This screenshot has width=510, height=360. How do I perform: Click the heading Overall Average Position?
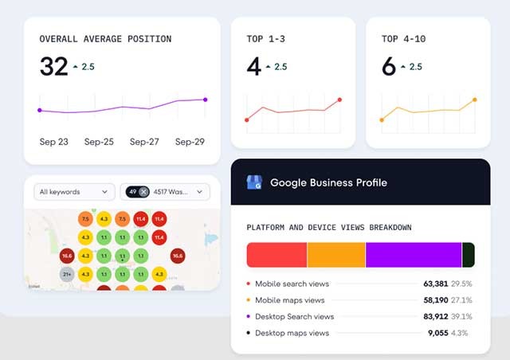click(105, 38)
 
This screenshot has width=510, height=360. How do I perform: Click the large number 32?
click(54, 67)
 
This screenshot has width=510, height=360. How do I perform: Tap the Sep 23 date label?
click(54, 142)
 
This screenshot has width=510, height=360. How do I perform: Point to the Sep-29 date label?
click(190, 142)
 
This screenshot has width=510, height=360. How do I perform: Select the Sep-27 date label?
click(144, 142)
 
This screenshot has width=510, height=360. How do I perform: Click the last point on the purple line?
click(205, 100)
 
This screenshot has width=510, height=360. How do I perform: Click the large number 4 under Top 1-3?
click(253, 67)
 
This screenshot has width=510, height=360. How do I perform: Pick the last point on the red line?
click(340, 100)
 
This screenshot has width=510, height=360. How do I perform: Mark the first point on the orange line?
click(382, 120)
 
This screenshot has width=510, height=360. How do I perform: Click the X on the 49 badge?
click(143, 192)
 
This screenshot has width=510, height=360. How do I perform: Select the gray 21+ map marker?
click(67, 274)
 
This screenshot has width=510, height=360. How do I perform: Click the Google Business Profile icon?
click(254, 182)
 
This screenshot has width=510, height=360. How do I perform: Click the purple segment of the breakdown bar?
click(414, 255)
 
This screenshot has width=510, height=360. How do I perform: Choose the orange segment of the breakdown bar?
click(336, 255)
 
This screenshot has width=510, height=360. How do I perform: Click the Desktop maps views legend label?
click(292, 332)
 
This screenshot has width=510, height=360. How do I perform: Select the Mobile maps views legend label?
click(290, 300)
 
